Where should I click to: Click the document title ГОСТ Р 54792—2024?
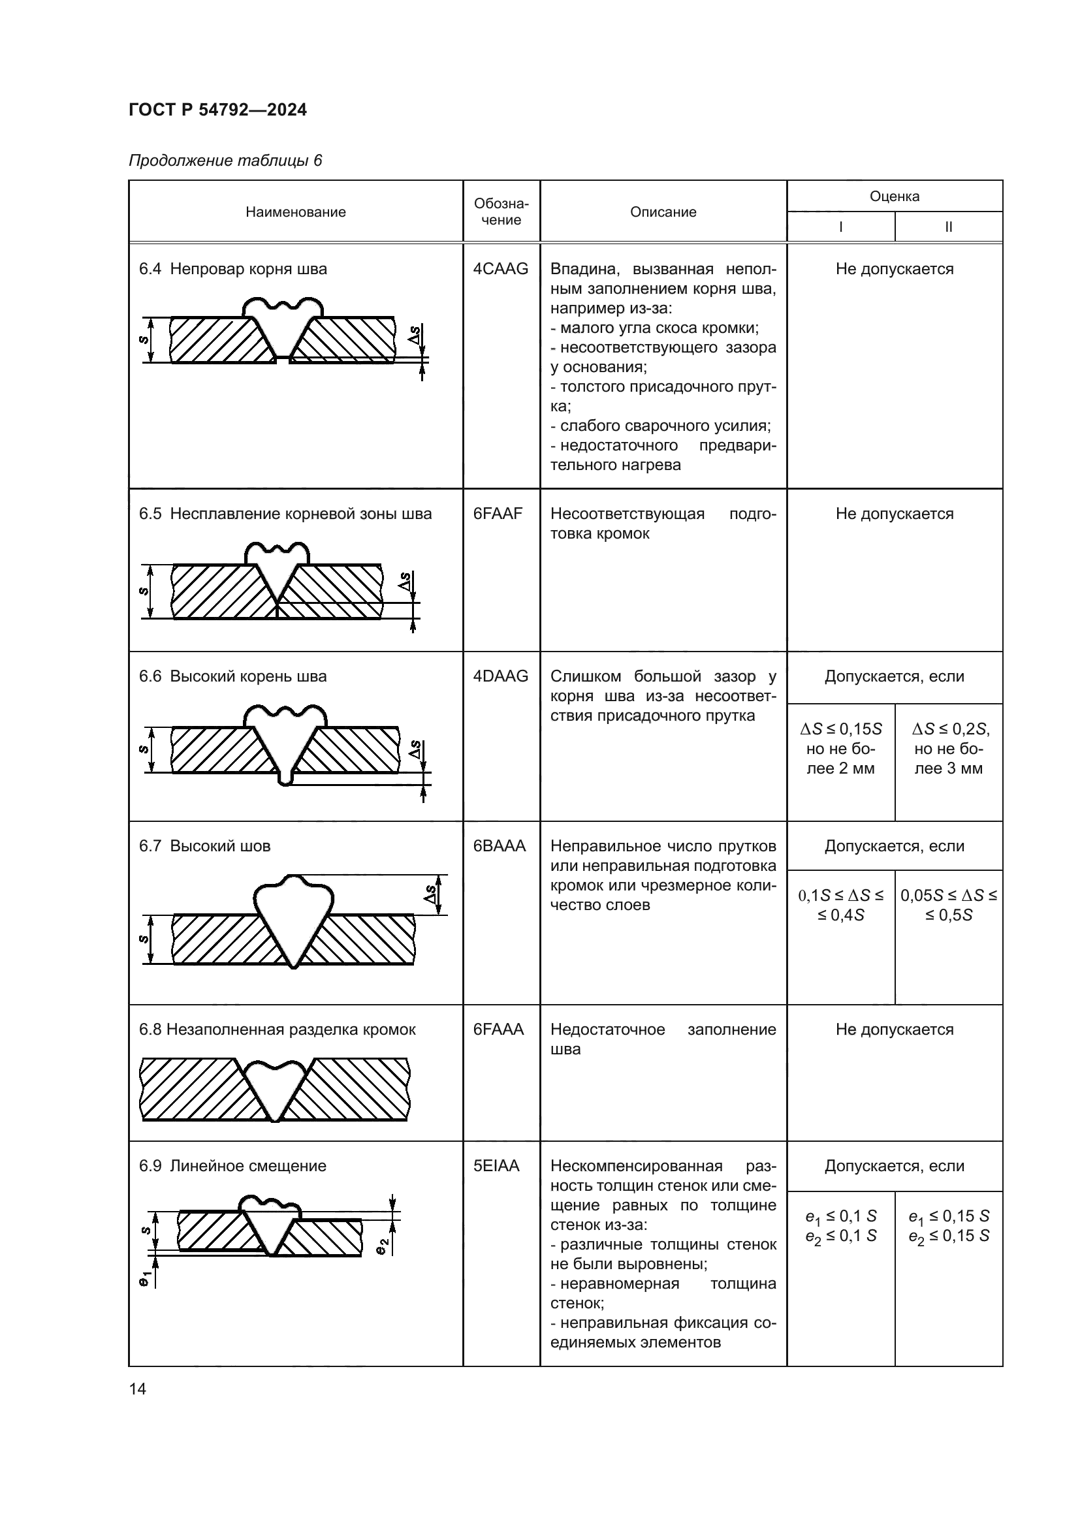click(217, 110)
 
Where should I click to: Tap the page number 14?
click(138, 1389)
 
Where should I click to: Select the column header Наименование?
click(295, 212)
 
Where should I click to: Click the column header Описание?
click(663, 212)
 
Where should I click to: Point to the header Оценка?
click(895, 197)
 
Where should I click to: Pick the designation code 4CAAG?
click(501, 270)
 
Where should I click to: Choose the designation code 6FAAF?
click(498, 514)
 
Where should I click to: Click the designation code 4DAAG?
click(501, 676)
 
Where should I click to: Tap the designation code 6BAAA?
click(500, 846)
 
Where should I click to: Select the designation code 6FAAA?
click(499, 1030)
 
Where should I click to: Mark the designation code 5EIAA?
click(496, 1166)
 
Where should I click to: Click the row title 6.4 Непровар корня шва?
click(232, 270)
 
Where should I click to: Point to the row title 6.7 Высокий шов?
click(205, 846)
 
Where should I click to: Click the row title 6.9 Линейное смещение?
click(232, 1166)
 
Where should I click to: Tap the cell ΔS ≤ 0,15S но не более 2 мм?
click(840, 749)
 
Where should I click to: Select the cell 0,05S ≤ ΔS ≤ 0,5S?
click(949, 905)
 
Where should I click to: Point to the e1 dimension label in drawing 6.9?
click(144, 1278)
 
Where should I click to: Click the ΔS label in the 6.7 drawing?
click(430, 894)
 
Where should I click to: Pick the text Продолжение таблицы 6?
click(225, 161)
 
